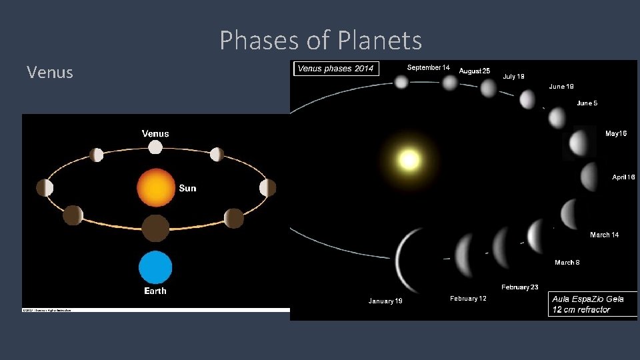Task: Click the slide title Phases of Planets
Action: [x=321, y=41]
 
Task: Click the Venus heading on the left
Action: [x=50, y=72]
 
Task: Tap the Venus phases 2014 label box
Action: [x=335, y=69]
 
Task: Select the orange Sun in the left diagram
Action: [x=155, y=187]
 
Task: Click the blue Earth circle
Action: [x=155, y=267]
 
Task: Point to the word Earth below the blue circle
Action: [x=155, y=291]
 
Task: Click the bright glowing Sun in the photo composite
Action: [x=409, y=160]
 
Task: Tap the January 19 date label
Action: [x=385, y=301]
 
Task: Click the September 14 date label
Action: [x=428, y=67]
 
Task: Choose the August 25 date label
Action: [x=475, y=71]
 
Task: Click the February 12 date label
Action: [x=468, y=299]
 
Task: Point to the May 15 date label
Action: [x=615, y=134]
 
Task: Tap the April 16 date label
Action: [x=623, y=177]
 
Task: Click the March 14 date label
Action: [x=604, y=235]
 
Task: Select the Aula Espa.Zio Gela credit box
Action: [x=592, y=304]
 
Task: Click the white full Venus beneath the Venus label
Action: [x=155, y=147]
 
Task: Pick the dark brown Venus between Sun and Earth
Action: [x=155, y=228]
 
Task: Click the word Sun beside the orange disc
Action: [x=187, y=189]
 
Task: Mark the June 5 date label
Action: [x=587, y=103]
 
